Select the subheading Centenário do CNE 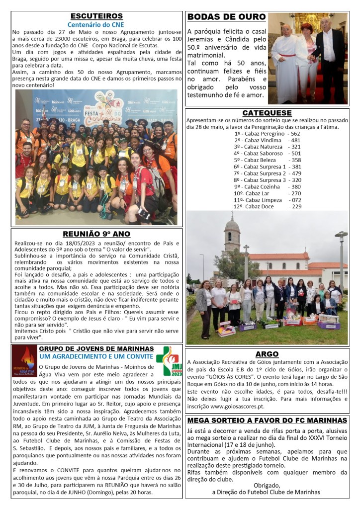pyautogui.click(x=96, y=24)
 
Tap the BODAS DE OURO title pyautogui.click(x=226, y=17)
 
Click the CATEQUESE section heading pyautogui.click(x=267, y=113)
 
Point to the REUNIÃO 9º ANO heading pyautogui.click(x=96, y=234)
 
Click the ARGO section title pyautogui.click(x=267, y=354)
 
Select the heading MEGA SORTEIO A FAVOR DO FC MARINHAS pyautogui.click(x=267, y=421)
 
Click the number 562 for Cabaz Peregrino pyautogui.click(x=295, y=134)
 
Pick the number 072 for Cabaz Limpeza pyautogui.click(x=296, y=200)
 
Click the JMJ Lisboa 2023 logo pyautogui.click(x=166, y=361)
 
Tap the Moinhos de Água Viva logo pyautogui.click(x=24, y=361)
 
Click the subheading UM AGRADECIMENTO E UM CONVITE pyautogui.click(x=96, y=356)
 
